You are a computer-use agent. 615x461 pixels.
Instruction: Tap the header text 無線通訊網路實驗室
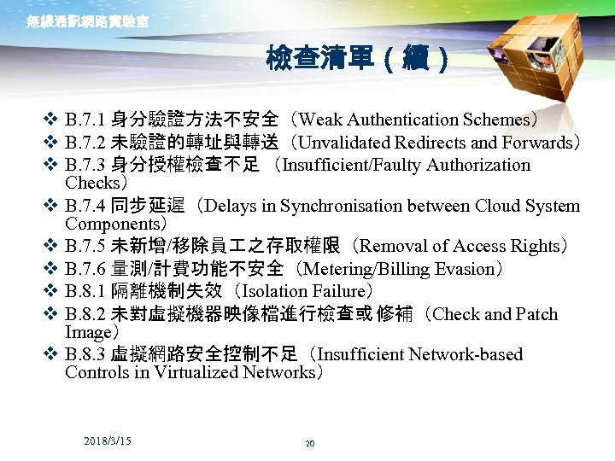pos(88,21)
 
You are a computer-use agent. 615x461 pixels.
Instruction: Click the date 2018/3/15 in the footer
pos(108,441)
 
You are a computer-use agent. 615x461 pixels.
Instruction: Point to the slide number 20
pos(309,444)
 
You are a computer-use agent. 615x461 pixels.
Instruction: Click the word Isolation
pos(276,292)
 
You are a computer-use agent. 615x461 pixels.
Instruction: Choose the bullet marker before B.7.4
pos(50,206)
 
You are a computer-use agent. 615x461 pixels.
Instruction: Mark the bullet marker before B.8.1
pos(50,292)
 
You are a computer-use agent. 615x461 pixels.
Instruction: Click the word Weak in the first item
pos(320,120)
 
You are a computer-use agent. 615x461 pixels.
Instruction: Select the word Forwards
pos(537,143)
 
